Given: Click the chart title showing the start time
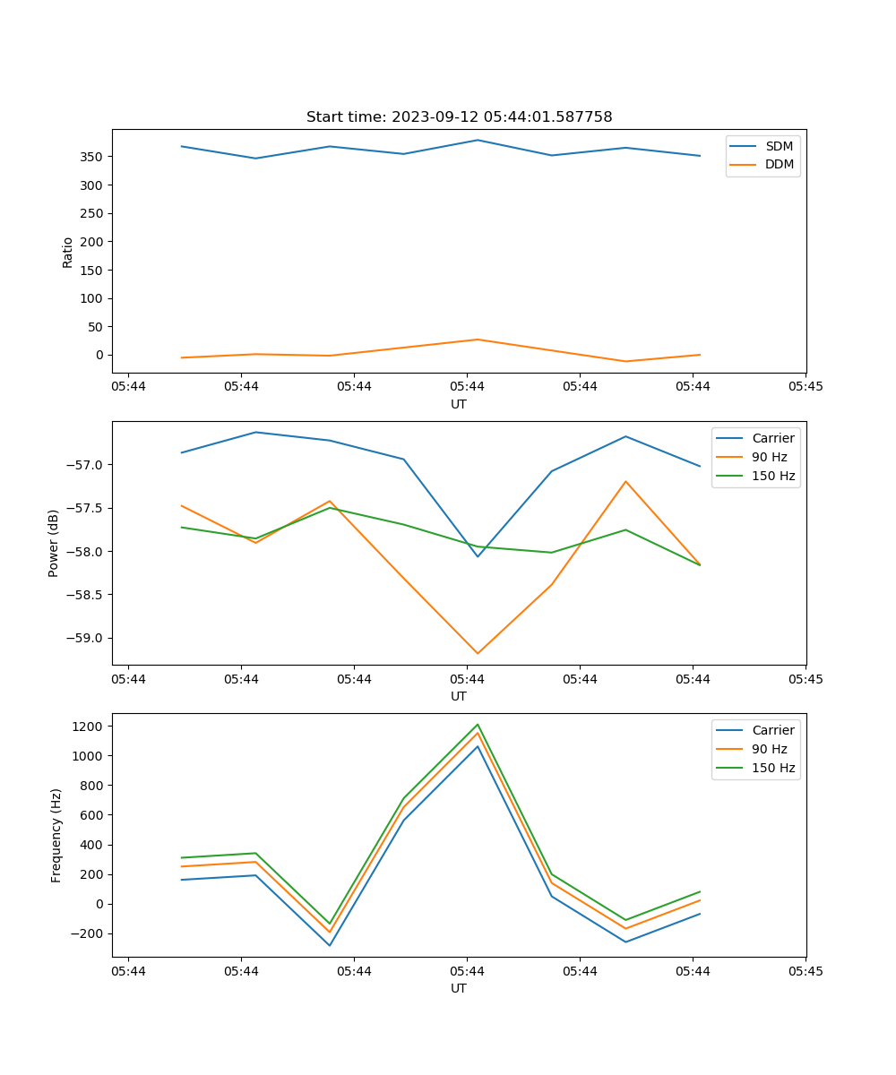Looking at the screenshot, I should click(459, 117).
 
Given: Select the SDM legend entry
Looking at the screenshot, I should click(779, 146).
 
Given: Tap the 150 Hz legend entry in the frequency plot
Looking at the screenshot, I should click(774, 768).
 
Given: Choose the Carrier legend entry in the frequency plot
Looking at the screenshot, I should click(772, 730).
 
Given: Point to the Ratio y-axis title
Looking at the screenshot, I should click(68, 252).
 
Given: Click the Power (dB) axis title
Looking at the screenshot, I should click(54, 543).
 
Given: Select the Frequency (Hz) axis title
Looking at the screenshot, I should click(56, 835).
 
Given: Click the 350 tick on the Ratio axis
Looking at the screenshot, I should click(93, 157).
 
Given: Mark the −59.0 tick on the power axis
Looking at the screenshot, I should click(85, 638).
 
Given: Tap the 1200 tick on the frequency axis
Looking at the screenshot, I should click(90, 727).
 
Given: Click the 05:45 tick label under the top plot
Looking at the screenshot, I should click(806, 387).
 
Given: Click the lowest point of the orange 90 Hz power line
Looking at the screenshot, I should click(478, 653).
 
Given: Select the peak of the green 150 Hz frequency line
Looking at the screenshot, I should click(478, 725).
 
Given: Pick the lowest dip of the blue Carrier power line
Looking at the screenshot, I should click(478, 556).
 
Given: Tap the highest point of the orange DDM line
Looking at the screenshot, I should click(478, 340).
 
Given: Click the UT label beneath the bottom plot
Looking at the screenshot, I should click(459, 988).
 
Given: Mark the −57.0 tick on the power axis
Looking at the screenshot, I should click(85, 465).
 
